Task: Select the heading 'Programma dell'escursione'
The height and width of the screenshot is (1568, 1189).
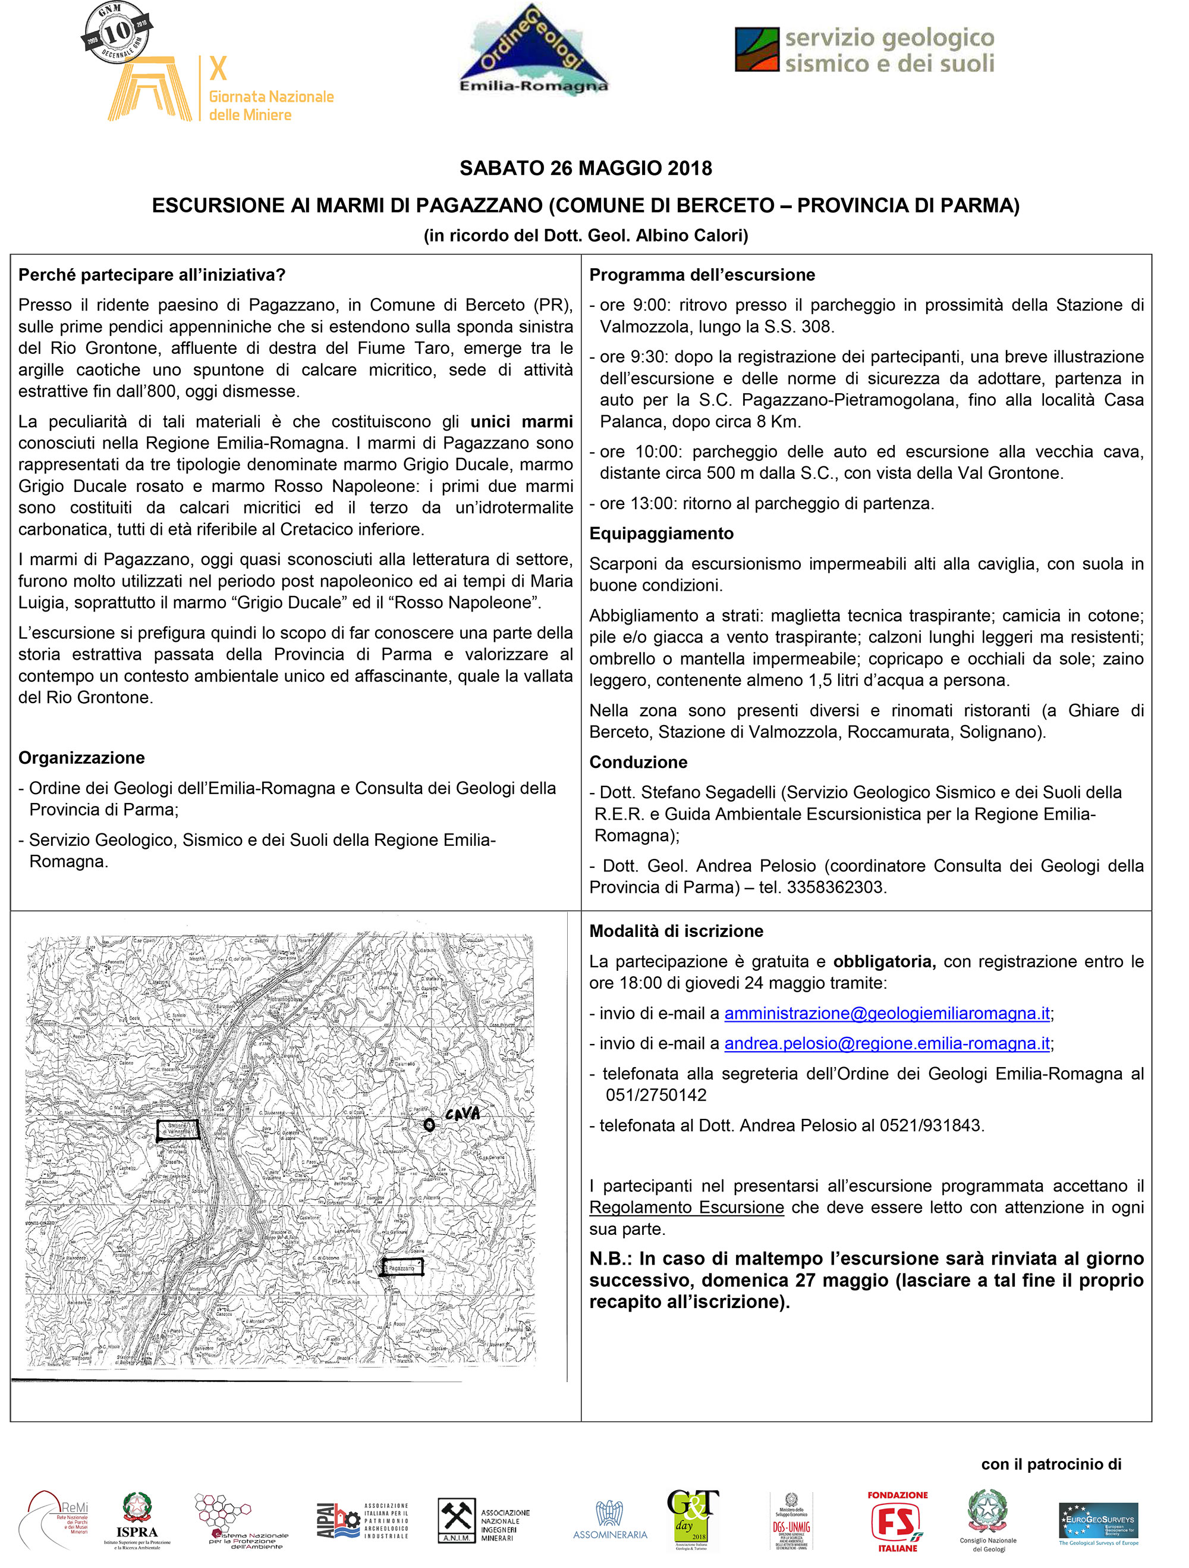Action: [x=702, y=275]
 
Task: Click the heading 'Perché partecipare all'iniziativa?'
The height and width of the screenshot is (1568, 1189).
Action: [x=152, y=275]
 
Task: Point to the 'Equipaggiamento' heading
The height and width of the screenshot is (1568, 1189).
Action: [x=661, y=534]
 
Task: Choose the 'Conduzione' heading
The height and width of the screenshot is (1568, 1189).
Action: [x=638, y=762]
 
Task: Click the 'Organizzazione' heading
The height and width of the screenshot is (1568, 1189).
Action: [x=81, y=758]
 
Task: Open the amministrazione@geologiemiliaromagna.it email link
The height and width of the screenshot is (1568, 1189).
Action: [x=886, y=1014]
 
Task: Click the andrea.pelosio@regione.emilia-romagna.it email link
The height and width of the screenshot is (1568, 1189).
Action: [x=886, y=1043]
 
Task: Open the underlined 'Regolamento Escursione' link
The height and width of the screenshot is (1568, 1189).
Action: [x=686, y=1207]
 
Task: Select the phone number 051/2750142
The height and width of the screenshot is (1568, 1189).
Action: [x=656, y=1095]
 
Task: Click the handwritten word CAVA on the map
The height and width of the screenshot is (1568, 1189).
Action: [x=463, y=1114]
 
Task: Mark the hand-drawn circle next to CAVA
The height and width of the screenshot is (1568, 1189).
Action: [x=429, y=1124]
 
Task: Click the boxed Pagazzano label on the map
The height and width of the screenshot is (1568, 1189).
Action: [x=402, y=1268]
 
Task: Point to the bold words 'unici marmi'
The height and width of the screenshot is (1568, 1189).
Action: [x=521, y=422]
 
